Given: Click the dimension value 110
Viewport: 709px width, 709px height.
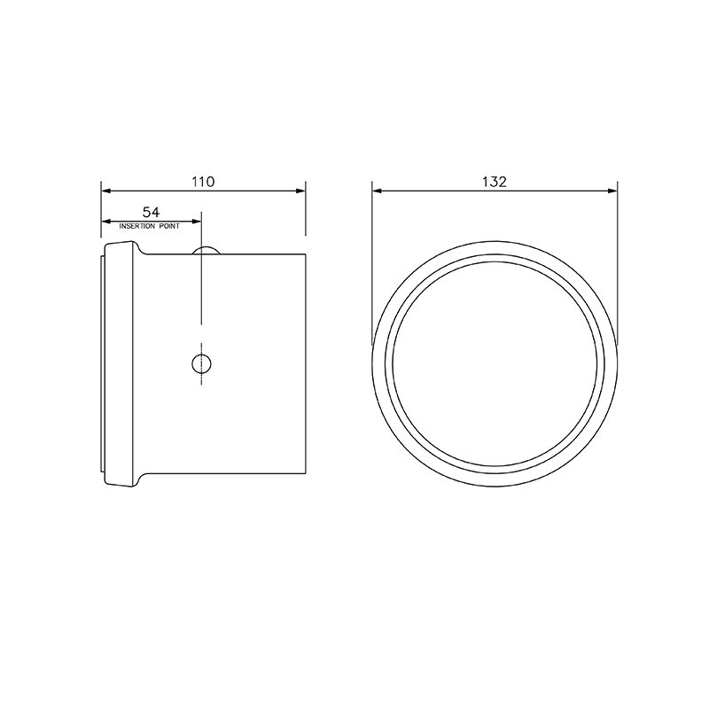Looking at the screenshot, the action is point(203,182).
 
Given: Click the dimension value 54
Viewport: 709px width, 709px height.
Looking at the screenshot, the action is point(151,212).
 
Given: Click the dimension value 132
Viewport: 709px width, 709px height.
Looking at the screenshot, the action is point(495,182).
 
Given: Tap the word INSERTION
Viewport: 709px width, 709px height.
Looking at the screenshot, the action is point(137,226).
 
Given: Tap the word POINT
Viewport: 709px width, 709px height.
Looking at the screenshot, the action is point(169,226).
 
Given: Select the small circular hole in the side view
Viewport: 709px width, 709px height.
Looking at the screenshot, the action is point(201,363).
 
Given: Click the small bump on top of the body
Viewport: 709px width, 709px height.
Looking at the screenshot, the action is point(206,250).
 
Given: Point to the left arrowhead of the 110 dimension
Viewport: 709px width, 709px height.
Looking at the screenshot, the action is point(105,191).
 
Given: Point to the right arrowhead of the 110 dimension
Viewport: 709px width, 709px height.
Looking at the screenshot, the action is point(300,191).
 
